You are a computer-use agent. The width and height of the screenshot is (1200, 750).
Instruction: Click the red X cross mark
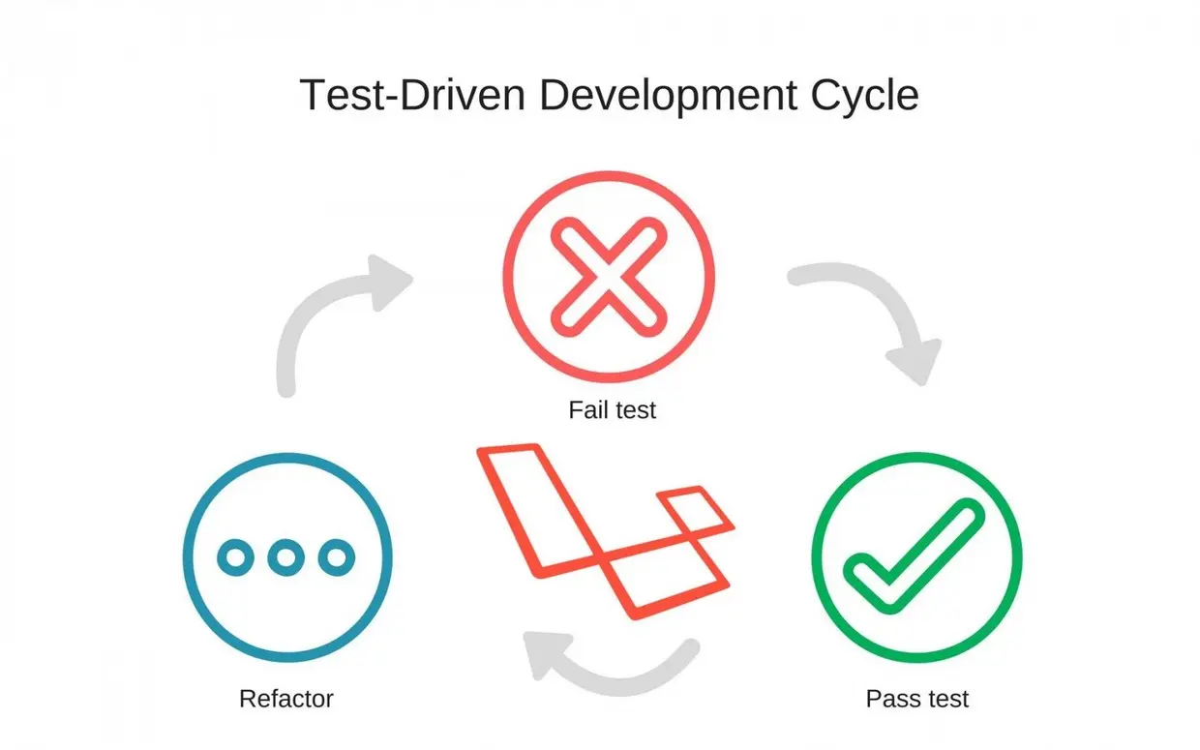click(x=608, y=274)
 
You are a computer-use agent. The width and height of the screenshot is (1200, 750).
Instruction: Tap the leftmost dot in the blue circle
click(x=235, y=557)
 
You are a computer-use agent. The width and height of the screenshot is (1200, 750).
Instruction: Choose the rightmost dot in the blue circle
click(x=337, y=557)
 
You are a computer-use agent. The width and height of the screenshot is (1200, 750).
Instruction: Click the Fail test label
click(x=612, y=409)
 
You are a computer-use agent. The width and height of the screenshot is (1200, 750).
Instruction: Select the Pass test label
click(x=916, y=697)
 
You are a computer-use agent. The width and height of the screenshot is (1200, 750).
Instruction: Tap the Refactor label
click(x=285, y=698)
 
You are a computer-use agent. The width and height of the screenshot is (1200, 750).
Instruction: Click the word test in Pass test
click(x=945, y=697)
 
